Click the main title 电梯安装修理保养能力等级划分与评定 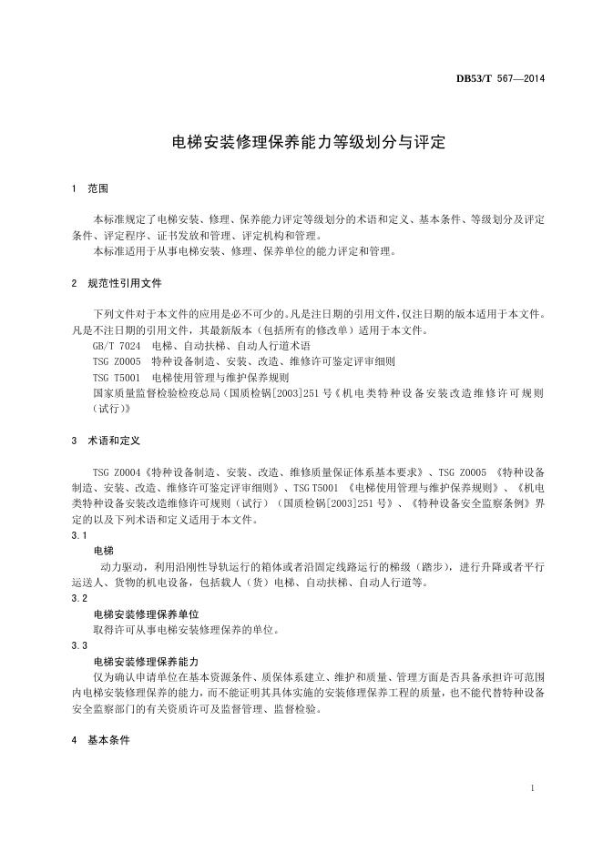[301, 142]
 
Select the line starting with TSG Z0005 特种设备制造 [243, 361]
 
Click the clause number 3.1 [79, 536]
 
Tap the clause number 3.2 [79, 599]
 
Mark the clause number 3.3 [79, 645]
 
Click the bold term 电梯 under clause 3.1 [103, 552]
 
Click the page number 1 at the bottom [531, 786]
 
